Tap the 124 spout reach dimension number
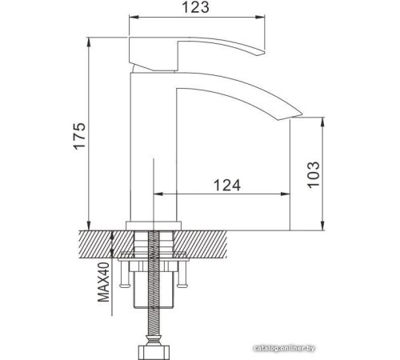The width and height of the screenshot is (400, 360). click(x=227, y=184)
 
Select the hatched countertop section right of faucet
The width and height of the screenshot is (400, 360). click(x=216, y=243)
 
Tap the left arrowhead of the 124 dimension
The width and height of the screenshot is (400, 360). click(x=155, y=194)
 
